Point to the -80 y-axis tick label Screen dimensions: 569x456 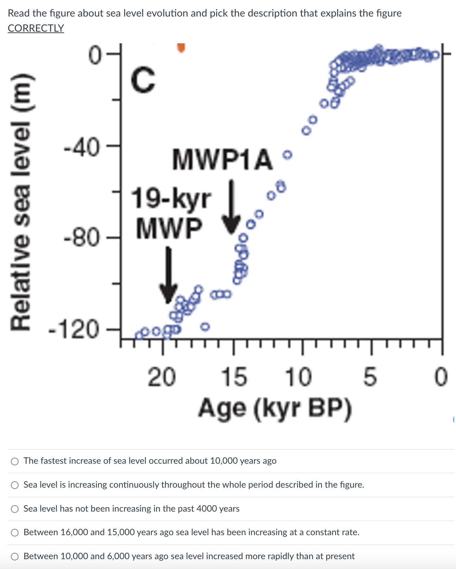tap(82, 239)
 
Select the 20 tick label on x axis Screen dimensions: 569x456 tap(161, 377)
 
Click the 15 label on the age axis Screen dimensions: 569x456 tap(234, 377)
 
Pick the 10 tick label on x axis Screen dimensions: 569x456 tap(298, 377)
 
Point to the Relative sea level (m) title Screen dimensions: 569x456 tap(20, 202)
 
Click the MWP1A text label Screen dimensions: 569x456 tap(222, 160)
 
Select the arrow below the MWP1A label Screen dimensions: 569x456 tap(231, 208)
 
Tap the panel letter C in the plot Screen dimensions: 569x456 tap(143, 81)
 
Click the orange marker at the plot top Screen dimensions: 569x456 tap(181, 48)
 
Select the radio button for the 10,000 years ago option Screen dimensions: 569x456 tap(15, 461)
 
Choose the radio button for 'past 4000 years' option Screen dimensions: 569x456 tap(15, 509)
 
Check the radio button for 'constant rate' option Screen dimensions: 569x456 tap(15, 533)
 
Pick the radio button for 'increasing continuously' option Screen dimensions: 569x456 tap(15, 485)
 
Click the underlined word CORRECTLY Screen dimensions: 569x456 tap(36, 28)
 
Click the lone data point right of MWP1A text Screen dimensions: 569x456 tap(288, 155)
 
